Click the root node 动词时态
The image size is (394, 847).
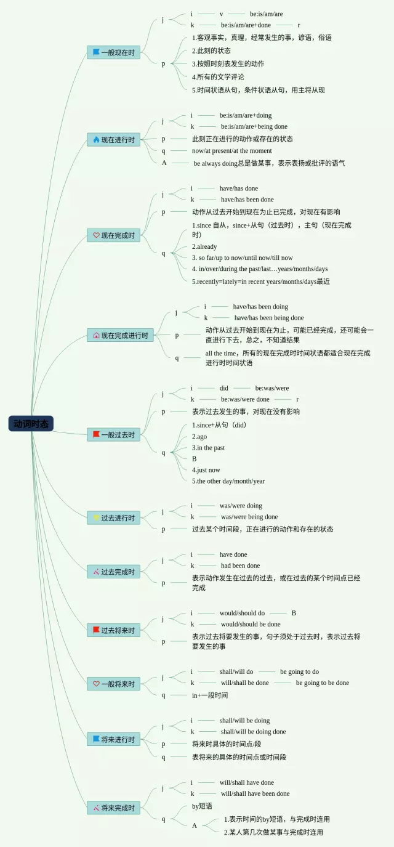pyautogui.click(x=31, y=424)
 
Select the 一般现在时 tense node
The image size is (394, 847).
pyautogui.click(x=114, y=52)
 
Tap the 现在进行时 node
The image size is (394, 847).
pyautogui.click(x=114, y=140)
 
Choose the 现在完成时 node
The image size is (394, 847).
pyautogui.click(x=114, y=235)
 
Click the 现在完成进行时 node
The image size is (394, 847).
pyautogui.click(x=120, y=336)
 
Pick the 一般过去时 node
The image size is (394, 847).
pyautogui.click(x=114, y=435)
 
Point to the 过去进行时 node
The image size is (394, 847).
pyautogui.click(x=114, y=518)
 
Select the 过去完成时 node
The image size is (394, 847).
pyautogui.click(x=114, y=572)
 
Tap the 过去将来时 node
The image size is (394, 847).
pyautogui.click(x=114, y=630)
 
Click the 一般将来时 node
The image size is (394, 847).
pyautogui.click(x=114, y=683)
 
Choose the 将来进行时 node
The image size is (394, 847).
pyautogui.click(x=114, y=739)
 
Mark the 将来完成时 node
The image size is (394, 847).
pyautogui.click(x=114, y=808)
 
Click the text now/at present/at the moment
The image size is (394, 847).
pyautogui.click(x=231, y=151)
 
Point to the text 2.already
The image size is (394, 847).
pyautogui.click(x=204, y=246)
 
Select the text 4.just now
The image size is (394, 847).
pyautogui.click(x=206, y=470)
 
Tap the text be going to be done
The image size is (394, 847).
pyautogui.click(x=322, y=683)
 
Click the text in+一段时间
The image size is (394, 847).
pyautogui.click(x=210, y=695)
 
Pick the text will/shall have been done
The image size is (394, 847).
pyautogui.click(x=255, y=793)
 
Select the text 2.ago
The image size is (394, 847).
pyautogui.click(x=199, y=437)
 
